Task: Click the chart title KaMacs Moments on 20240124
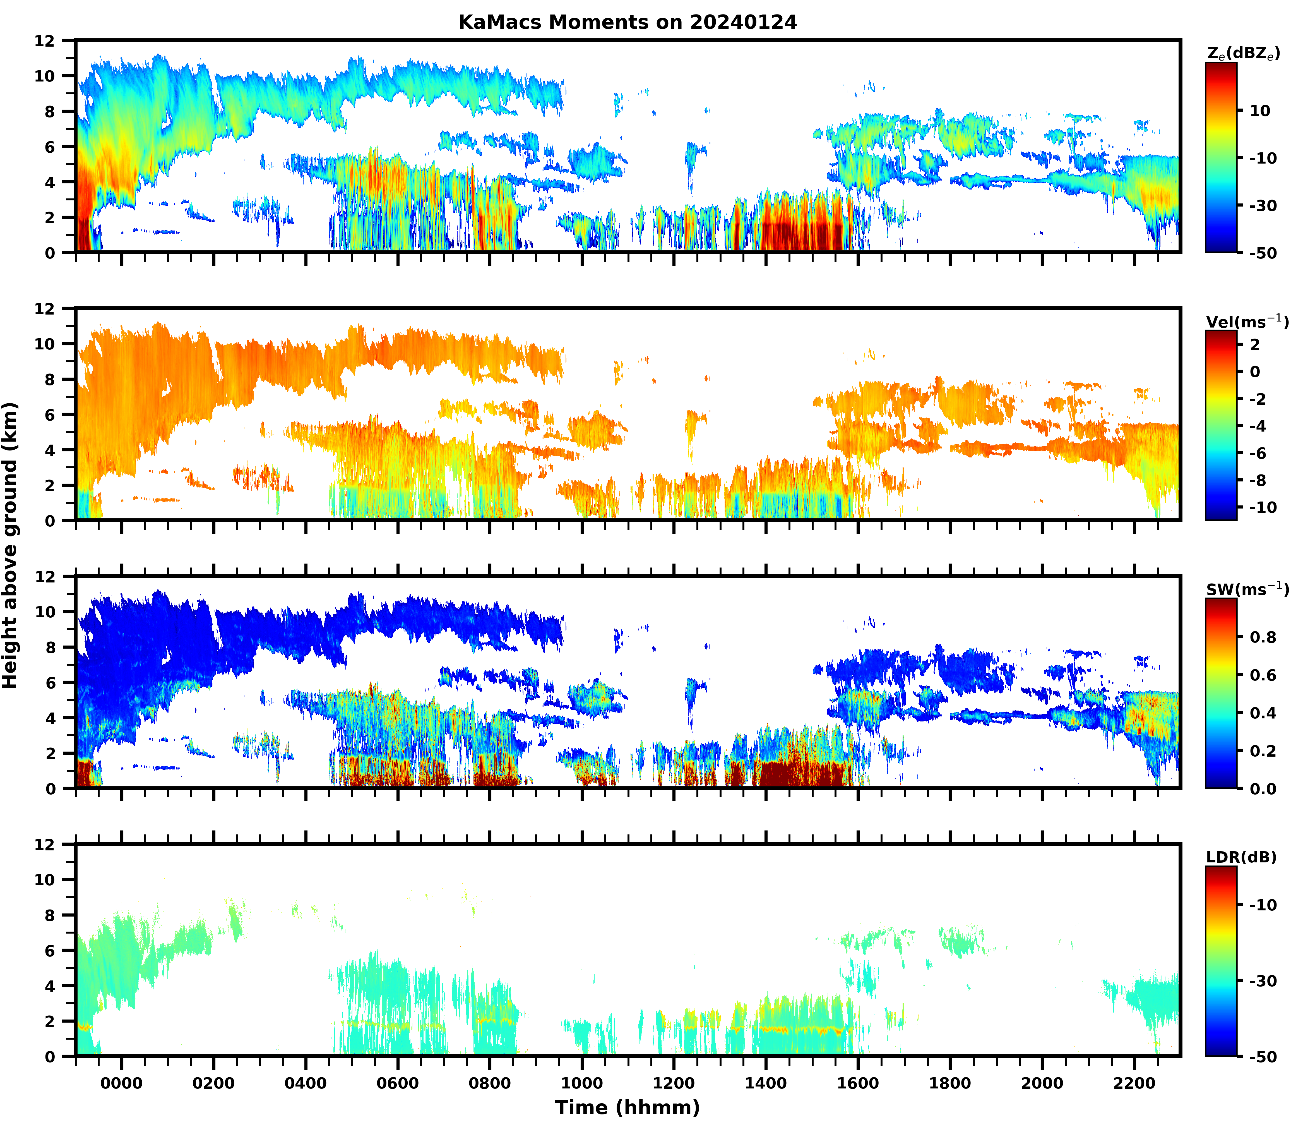pyautogui.click(x=627, y=22)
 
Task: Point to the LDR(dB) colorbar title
pyautogui.click(x=1241, y=857)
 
